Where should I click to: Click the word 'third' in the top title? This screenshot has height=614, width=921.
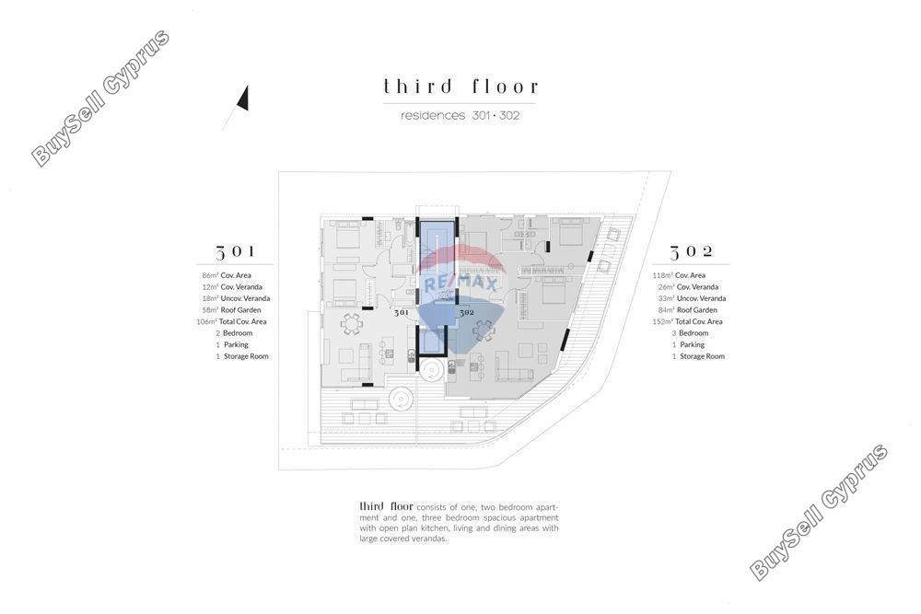point(417,87)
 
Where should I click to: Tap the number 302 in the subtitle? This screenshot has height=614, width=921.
point(509,116)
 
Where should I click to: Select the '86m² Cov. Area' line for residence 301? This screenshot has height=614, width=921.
point(227,275)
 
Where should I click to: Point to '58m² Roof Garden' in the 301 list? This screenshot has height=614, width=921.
point(231,310)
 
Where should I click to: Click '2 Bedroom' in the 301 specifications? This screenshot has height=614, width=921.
point(234,333)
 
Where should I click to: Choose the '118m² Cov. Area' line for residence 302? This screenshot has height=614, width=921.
point(679,275)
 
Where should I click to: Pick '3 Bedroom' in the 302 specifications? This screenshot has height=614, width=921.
point(690,333)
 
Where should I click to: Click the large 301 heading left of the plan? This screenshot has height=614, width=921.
point(235,252)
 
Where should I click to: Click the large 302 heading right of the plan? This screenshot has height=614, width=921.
point(692,252)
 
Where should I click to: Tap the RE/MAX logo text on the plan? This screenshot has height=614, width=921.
point(460,284)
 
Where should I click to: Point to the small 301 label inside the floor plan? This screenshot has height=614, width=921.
point(402,313)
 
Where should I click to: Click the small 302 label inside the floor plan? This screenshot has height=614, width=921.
point(467,313)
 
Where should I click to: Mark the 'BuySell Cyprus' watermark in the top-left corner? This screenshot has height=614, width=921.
point(100,98)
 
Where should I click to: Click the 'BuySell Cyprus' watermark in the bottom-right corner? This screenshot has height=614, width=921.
point(819,512)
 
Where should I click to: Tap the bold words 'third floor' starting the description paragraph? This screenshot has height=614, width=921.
point(386,506)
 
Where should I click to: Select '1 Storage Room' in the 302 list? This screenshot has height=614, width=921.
point(698,356)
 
